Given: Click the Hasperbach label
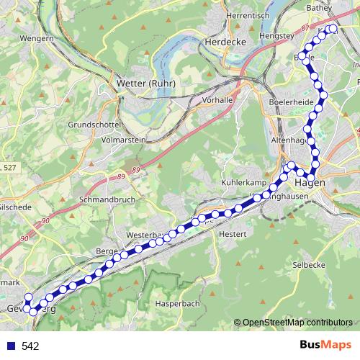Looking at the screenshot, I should (177, 305).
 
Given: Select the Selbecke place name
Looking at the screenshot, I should (309, 265).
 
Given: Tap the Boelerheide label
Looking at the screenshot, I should (291, 103).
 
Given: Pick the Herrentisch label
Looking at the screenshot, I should (247, 15).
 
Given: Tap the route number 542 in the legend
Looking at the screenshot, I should (30, 346).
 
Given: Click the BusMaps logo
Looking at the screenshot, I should (326, 346).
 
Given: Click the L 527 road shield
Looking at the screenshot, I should (9, 168).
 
